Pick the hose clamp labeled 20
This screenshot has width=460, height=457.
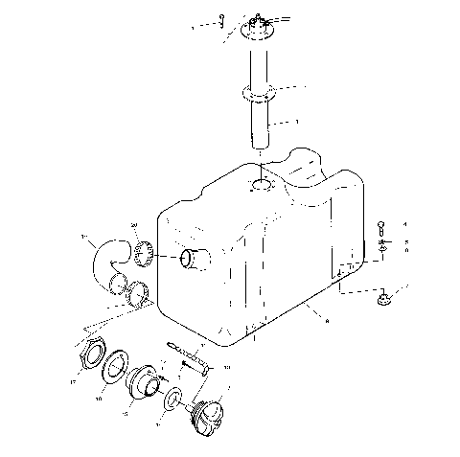[146, 255]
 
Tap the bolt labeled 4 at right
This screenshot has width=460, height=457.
[382, 228]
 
